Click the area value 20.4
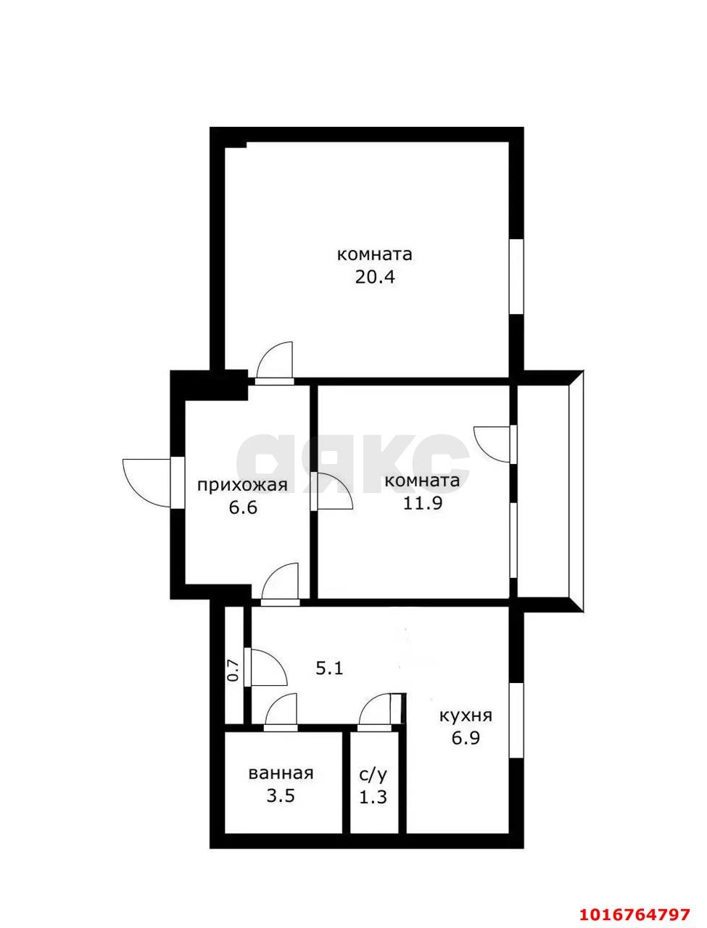coord(375,276)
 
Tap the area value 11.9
coord(423,503)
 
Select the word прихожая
coord(243,485)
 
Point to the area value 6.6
coord(243,507)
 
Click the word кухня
coord(466,716)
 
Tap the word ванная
coord(281,773)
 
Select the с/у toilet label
coord(373,774)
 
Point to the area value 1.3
coord(373,797)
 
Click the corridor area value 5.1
coord(329,668)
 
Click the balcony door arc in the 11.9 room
coord(491,442)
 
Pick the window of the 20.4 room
coord(516,276)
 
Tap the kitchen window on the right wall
coord(516,721)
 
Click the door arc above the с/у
coord(376,710)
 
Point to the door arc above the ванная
coord(282,709)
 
